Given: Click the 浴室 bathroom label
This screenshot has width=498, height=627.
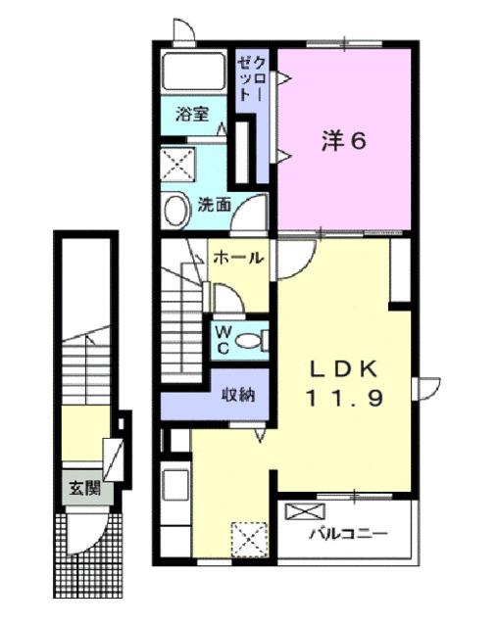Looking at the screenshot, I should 192,115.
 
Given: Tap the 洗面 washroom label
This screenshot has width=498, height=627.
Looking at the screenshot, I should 215,206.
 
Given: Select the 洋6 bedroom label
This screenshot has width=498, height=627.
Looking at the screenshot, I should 344,142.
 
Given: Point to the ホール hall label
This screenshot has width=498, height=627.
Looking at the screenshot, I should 237,259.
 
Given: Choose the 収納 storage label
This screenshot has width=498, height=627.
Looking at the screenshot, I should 237,396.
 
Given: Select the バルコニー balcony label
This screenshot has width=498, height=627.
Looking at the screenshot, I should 349,535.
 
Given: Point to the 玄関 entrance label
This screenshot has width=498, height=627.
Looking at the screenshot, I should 81,487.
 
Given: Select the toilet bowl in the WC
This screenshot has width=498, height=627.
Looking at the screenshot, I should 252,340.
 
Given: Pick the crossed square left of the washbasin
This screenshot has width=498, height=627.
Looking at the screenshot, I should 176,162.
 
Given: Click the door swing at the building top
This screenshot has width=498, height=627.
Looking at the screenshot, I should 182,30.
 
